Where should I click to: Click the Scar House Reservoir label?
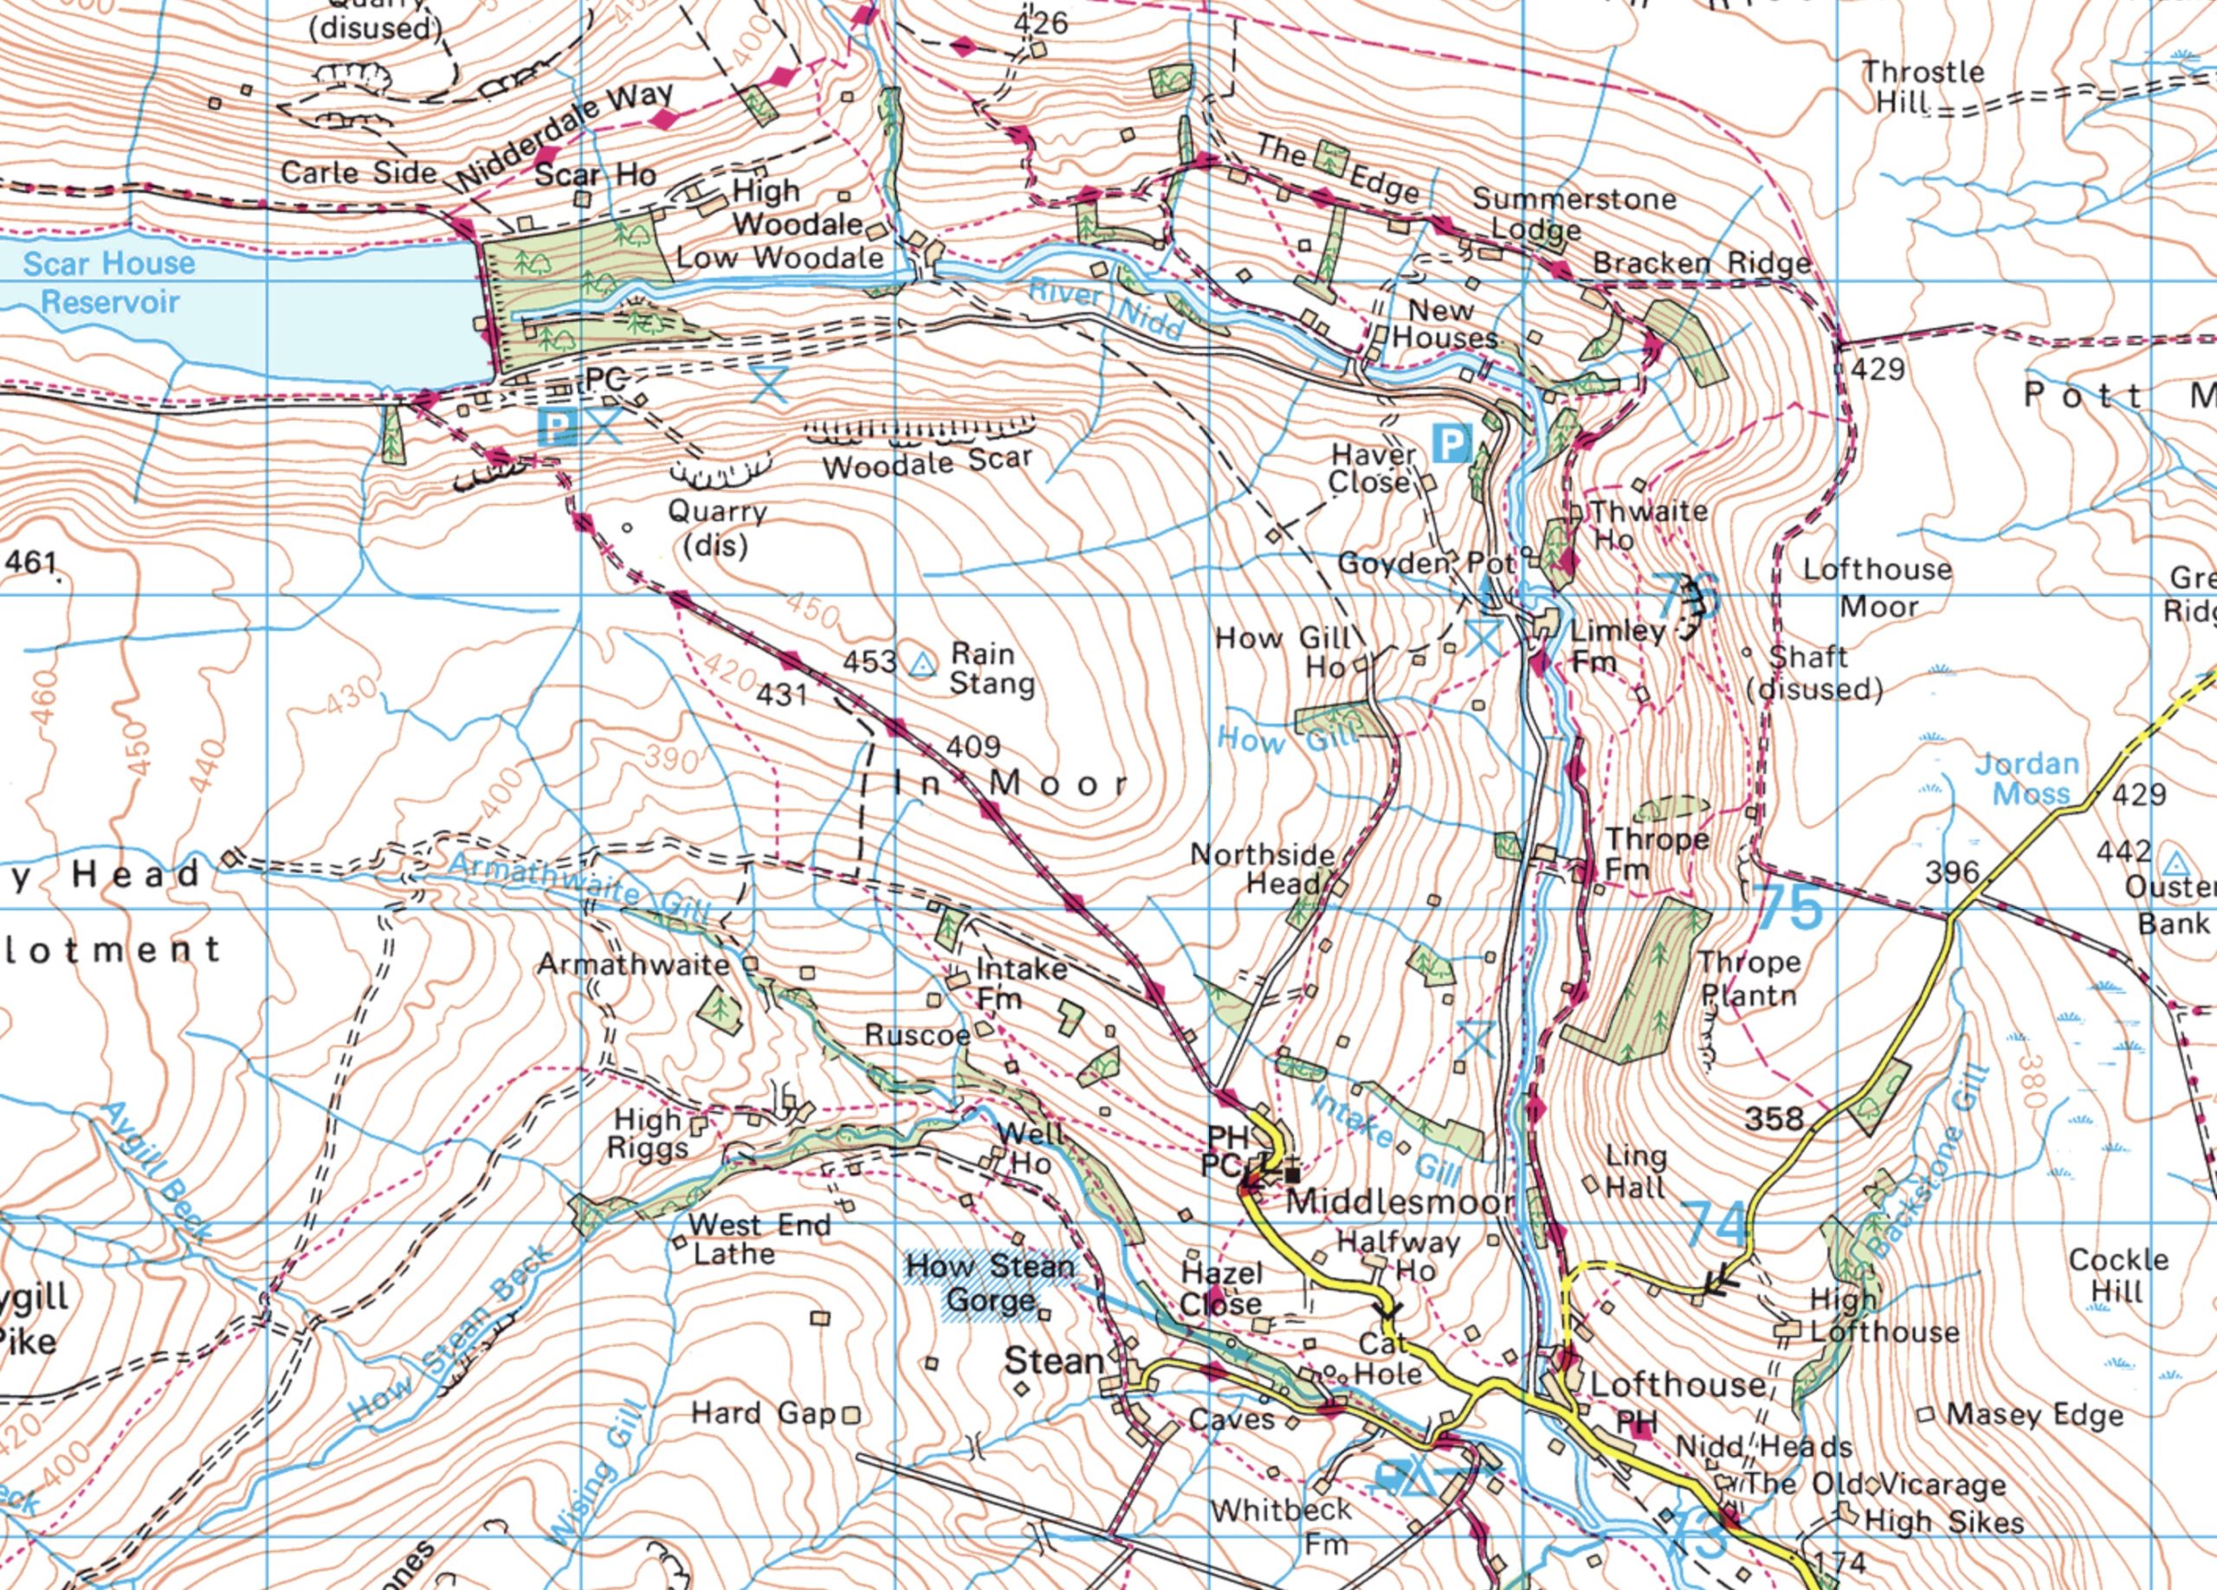(108, 281)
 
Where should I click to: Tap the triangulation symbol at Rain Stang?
(920, 666)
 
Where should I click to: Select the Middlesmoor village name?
(1398, 1201)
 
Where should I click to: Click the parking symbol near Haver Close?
(1451, 444)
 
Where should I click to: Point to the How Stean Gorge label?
(990, 1283)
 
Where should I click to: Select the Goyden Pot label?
(1425, 563)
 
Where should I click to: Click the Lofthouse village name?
(1677, 1384)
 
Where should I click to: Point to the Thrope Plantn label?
(1748, 978)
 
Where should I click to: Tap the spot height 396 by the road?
(1951, 872)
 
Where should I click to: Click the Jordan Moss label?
(2027, 778)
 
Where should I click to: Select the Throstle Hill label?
(1922, 86)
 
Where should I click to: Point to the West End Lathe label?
(758, 1239)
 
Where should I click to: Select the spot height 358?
(1774, 1117)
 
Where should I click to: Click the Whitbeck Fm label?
(1282, 1525)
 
